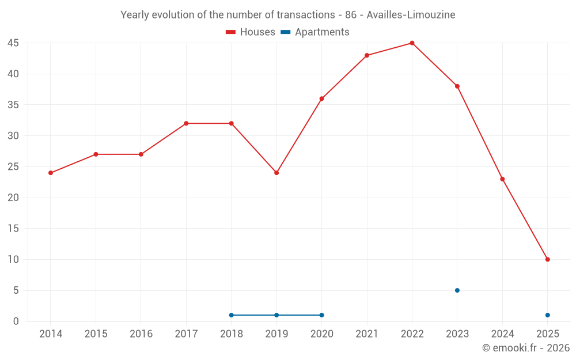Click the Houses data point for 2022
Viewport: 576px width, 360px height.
click(x=412, y=43)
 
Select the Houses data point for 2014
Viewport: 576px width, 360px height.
click(x=51, y=173)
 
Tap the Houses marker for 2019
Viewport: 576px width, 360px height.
click(x=276, y=173)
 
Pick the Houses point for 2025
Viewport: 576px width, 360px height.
click(x=547, y=259)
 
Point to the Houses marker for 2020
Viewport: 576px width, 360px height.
click(x=321, y=98)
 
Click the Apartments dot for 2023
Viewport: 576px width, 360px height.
click(x=457, y=290)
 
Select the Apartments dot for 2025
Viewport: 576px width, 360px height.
click(x=547, y=315)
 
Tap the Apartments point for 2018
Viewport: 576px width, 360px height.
click(x=231, y=315)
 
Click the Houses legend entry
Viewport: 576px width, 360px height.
click(x=251, y=32)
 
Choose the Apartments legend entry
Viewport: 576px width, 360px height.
click(x=315, y=32)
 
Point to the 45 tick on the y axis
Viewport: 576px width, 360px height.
click(x=13, y=43)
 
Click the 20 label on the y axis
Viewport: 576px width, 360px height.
click(x=13, y=198)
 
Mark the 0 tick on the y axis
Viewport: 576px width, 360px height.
click(x=16, y=321)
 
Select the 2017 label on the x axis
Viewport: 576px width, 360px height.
click(x=186, y=334)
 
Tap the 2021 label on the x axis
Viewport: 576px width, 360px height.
click(x=367, y=334)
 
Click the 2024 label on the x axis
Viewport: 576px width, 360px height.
click(x=502, y=334)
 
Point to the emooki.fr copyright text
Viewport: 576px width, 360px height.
click(x=526, y=348)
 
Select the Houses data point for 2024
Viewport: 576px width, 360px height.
click(x=502, y=179)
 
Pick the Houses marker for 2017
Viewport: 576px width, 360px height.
click(x=186, y=123)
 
